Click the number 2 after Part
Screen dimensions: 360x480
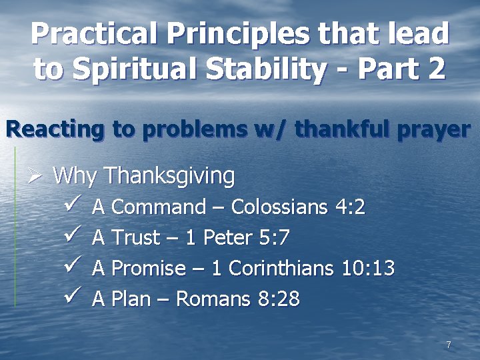[437, 69]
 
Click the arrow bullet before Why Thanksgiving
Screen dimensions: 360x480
[35, 177]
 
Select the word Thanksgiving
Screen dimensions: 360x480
[169, 177]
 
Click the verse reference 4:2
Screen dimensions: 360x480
[350, 207]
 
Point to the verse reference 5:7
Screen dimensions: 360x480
[274, 238]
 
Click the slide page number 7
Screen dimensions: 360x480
[449, 345]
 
